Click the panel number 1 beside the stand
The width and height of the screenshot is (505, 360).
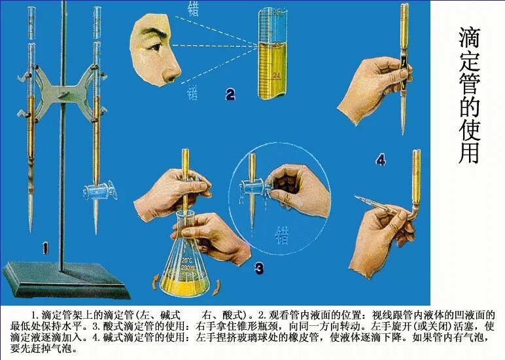(45, 247)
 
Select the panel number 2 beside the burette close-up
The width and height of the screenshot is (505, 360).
(230, 95)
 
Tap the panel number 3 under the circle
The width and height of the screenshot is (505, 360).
(259, 267)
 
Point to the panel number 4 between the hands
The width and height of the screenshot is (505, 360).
(381, 159)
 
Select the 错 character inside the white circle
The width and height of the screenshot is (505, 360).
(282, 234)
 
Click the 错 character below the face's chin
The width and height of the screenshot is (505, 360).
(193, 94)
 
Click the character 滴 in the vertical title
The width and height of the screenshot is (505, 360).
(468, 38)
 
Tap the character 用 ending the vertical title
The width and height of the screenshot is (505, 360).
(468, 153)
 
